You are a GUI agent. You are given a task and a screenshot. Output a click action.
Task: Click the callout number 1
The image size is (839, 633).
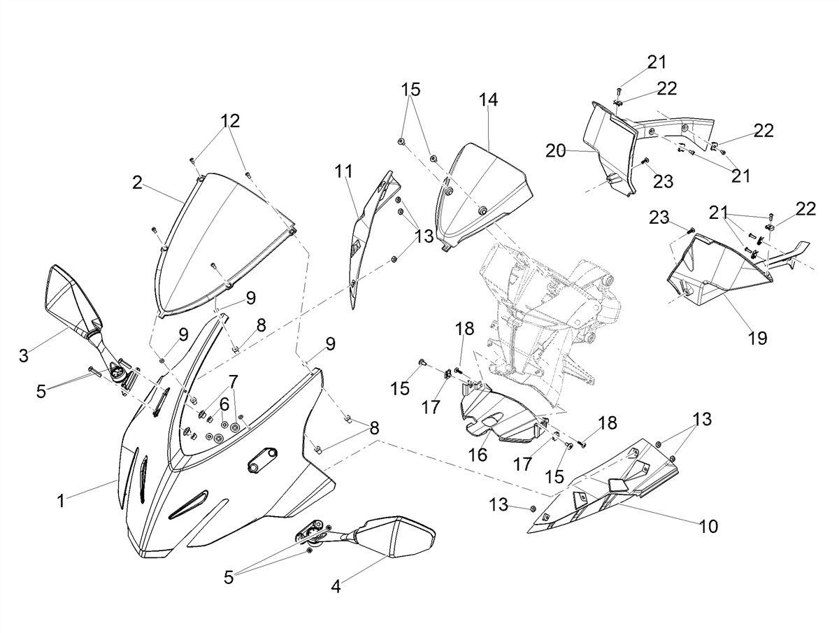(x=61, y=501)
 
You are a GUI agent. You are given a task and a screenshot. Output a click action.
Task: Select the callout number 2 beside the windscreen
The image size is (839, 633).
(x=137, y=183)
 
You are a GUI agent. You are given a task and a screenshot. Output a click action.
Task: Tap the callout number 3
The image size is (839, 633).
(x=23, y=355)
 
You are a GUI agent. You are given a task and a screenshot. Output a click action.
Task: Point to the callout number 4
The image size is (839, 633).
(x=336, y=586)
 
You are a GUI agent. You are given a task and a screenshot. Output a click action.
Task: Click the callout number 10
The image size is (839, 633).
(x=708, y=527)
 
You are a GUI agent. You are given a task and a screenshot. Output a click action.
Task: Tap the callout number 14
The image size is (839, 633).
(x=488, y=100)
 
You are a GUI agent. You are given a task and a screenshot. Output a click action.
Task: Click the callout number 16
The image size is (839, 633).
(x=478, y=455)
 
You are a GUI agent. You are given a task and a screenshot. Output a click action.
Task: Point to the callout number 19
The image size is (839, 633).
(x=757, y=338)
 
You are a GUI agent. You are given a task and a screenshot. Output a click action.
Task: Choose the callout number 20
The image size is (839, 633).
(x=555, y=151)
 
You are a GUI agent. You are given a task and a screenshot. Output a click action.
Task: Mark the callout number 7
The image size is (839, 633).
(x=233, y=380)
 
